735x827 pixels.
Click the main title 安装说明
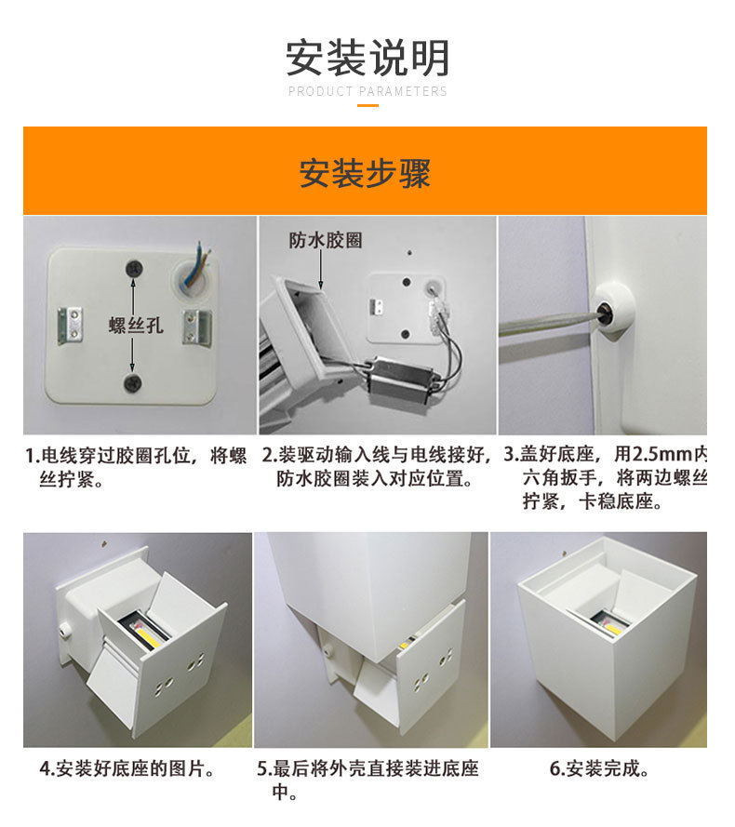pyautogui.click(x=367, y=58)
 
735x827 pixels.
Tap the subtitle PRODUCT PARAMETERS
pyautogui.click(x=367, y=91)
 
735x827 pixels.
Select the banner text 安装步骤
pyautogui.click(x=365, y=173)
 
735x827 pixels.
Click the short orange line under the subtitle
pyautogui.click(x=367, y=105)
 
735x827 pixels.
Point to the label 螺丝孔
pyautogui.click(x=136, y=325)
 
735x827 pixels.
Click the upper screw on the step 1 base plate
pyautogui.click(x=135, y=269)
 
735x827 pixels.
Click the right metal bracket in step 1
pyautogui.click(x=197, y=327)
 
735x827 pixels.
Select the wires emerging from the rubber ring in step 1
pyautogui.click(x=201, y=263)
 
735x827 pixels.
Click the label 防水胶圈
pyautogui.click(x=326, y=241)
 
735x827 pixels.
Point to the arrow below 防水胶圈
pyautogui.click(x=321, y=270)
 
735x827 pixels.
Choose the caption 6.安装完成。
pyautogui.click(x=599, y=768)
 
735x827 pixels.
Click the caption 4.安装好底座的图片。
pyautogui.click(x=127, y=768)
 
